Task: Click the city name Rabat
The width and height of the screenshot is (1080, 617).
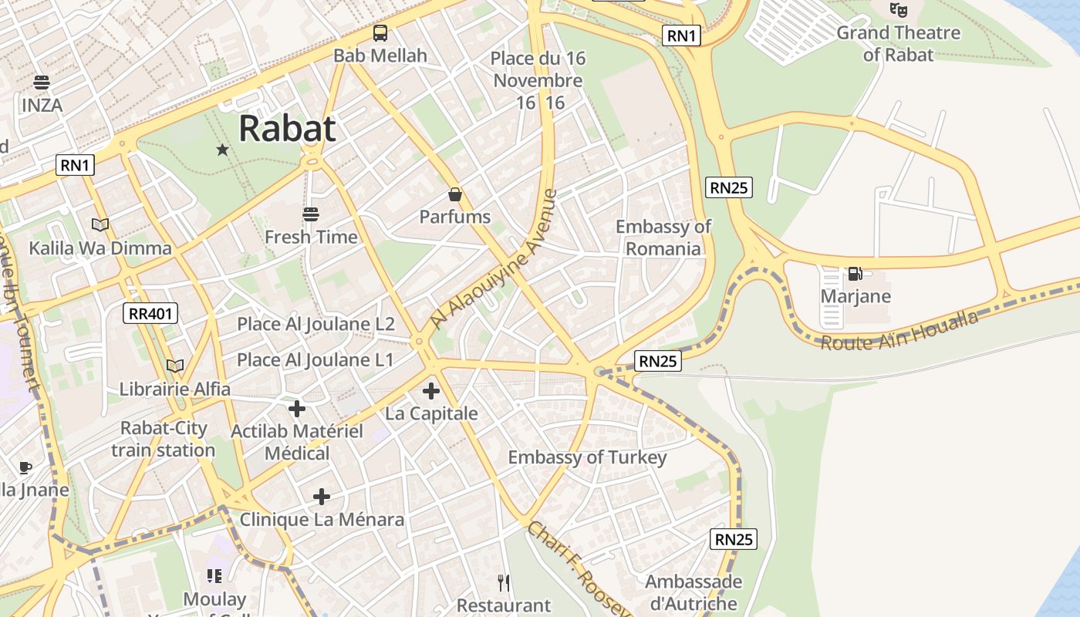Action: pyautogui.click(x=287, y=128)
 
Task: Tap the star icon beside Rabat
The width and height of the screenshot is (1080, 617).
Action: pyautogui.click(x=223, y=150)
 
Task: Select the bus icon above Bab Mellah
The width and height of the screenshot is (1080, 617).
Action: pyautogui.click(x=380, y=33)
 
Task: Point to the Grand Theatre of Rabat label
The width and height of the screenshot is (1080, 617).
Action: pyautogui.click(x=898, y=43)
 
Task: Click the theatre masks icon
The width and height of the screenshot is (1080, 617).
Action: pyautogui.click(x=898, y=10)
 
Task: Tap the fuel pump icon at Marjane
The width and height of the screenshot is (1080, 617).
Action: pyautogui.click(x=855, y=274)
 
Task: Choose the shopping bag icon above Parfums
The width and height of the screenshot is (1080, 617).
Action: pyautogui.click(x=455, y=194)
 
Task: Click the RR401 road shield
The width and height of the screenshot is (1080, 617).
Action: pyautogui.click(x=151, y=313)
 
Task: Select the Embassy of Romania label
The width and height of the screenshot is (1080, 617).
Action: pyautogui.click(x=663, y=238)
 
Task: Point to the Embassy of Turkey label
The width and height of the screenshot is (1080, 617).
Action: pyautogui.click(x=587, y=457)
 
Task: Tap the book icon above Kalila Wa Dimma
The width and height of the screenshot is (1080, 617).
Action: pyautogui.click(x=100, y=225)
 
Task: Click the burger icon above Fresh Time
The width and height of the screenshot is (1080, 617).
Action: pyautogui.click(x=311, y=214)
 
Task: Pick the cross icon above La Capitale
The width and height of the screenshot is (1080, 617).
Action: pyautogui.click(x=431, y=391)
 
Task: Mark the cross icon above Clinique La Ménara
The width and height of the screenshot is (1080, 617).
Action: pyautogui.click(x=322, y=497)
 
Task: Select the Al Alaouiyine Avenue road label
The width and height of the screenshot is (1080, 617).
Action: pyautogui.click(x=494, y=259)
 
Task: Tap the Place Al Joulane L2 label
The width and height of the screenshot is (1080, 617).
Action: pyautogui.click(x=316, y=324)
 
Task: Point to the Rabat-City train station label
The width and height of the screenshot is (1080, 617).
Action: pyautogui.click(x=163, y=439)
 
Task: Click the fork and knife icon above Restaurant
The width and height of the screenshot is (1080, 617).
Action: pyautogui.click(x=504, y=582)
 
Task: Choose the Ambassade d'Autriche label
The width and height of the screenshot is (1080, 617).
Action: pyautogui.click(x=694, y=592)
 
